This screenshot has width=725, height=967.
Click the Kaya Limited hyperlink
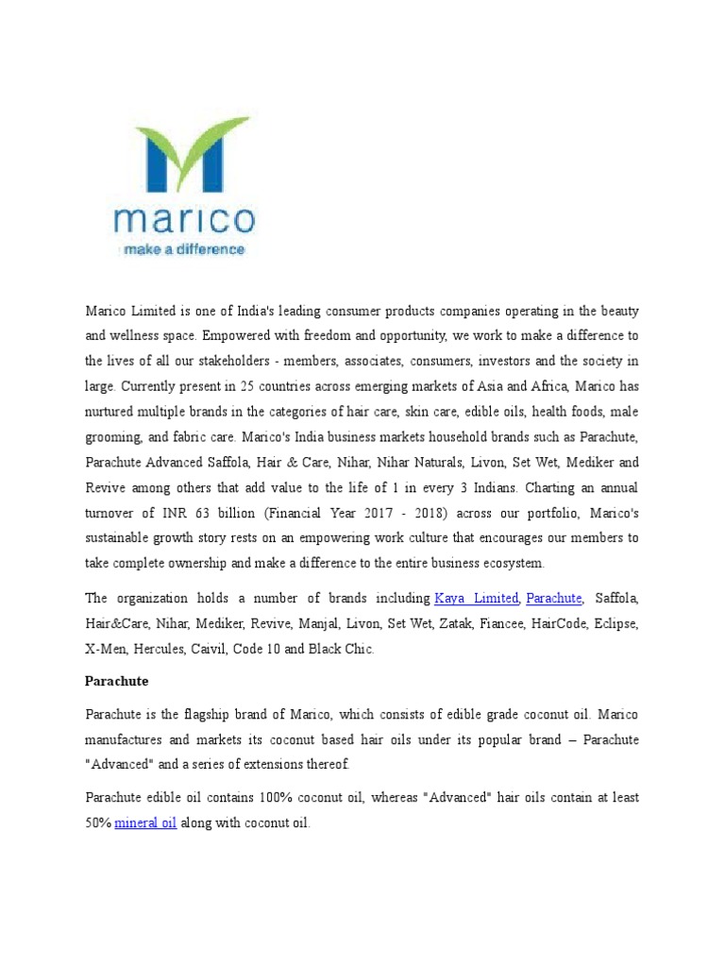tap(476, 599)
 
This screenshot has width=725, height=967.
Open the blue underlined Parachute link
tap(554, 599)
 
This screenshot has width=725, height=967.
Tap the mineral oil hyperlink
tap(145, 823)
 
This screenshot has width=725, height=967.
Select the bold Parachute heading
tap(117, 680)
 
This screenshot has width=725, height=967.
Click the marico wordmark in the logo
tap(183, 221)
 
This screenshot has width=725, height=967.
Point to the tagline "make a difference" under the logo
tap(181, 250)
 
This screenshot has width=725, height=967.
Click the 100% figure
tap(269, 798)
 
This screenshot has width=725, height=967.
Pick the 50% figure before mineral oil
tap(97, 823)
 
